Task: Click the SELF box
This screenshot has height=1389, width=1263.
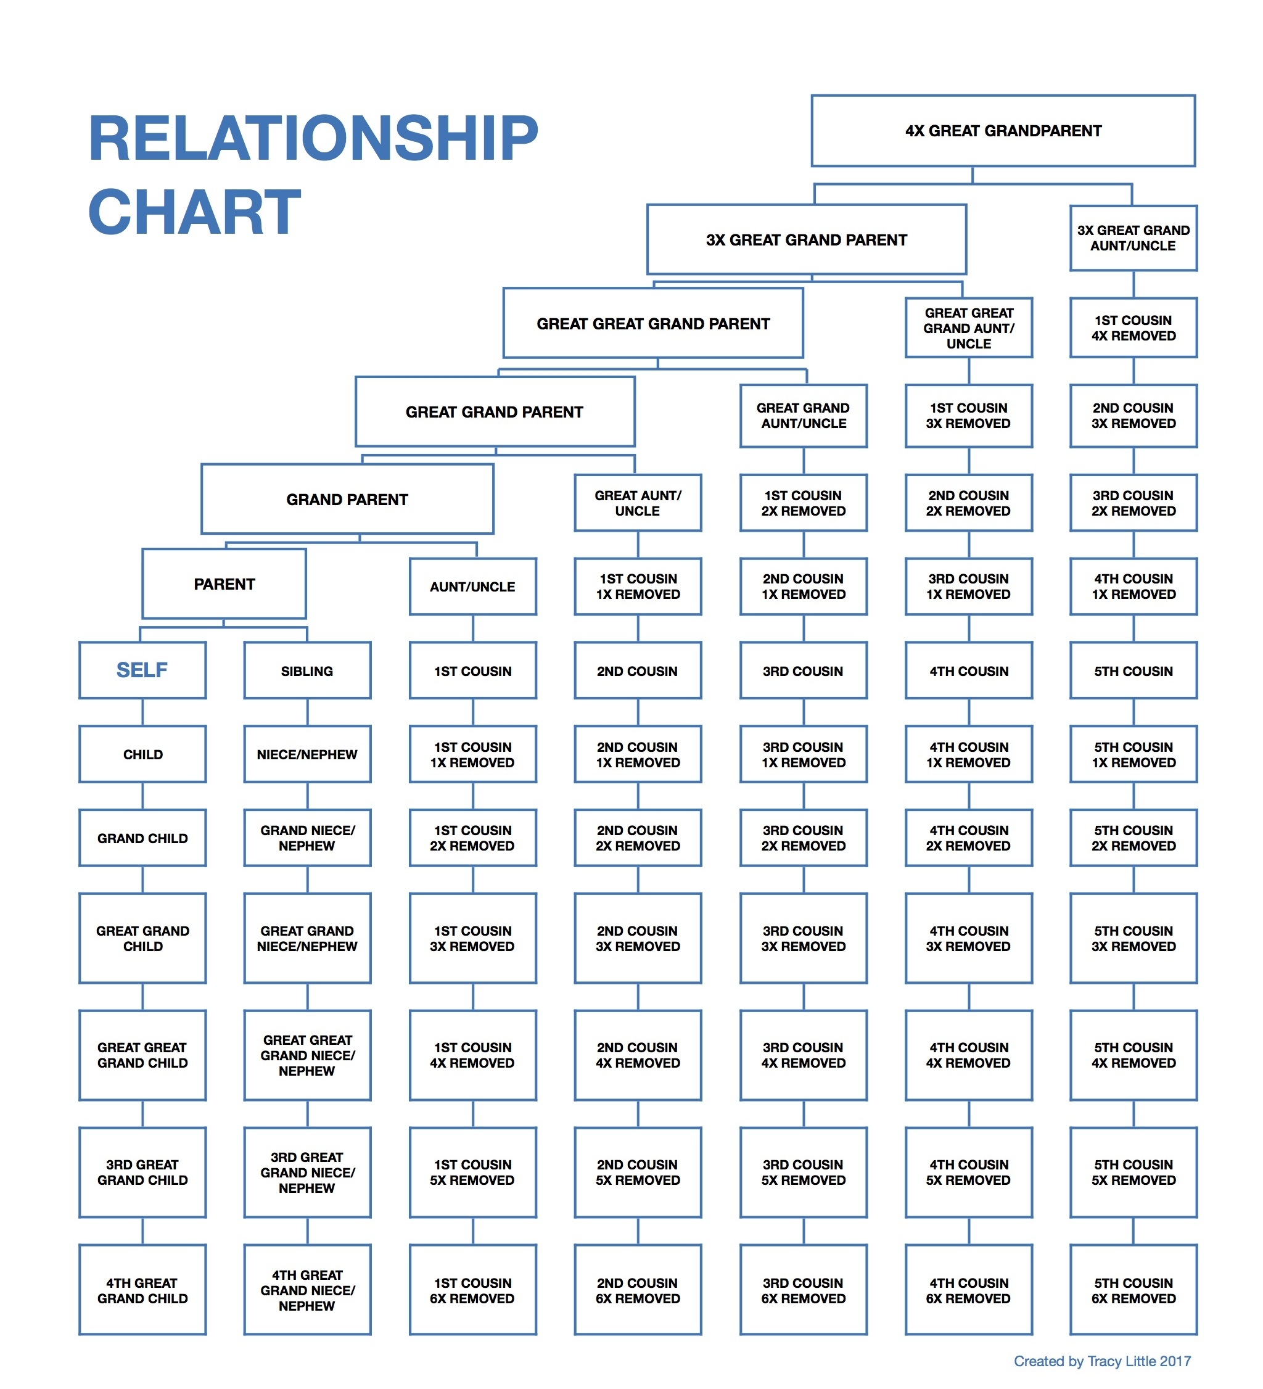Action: pyautogui.click(x=142, y=670)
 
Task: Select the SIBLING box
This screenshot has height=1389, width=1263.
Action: pyautogui.click(x=307, y=670)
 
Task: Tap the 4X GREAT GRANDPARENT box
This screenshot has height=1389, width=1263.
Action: pyautogui.click(x=1003, y=131)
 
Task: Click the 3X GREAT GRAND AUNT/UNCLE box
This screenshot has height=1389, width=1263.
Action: pyautogui.click(x=1133, y=237)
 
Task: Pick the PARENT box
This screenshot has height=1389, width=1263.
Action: pyautogui.click(x=224, y=583)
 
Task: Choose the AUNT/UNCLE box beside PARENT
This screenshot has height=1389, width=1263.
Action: pyautogui.click(x=472, y=587)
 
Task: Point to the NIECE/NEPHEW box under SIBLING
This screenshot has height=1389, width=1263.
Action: pyautogui.click(x=307, y=754)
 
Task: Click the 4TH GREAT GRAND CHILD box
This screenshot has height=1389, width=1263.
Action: pyautogui.click(x=142, y=1290)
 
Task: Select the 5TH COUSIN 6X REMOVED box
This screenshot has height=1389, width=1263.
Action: pyautogui.click(x=1133, y=1290)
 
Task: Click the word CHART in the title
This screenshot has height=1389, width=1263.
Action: pyautogui.click(x=194, y=212)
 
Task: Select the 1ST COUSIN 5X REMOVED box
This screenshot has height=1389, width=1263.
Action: pyautogui.click(x=472, y=1172)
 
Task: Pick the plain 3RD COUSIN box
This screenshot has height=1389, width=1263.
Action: pyautogui.click(x=803, y=670)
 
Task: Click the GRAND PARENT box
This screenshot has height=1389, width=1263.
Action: pyautogui.click(x=347, y=499)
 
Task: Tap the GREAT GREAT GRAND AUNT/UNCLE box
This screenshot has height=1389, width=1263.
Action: pyautogui.click(x=968, y=328)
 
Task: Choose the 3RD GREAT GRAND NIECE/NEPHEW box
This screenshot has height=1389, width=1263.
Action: pyautogui.click(x=307, y=1172)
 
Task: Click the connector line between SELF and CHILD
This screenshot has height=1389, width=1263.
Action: pyautogui.click(x=142, y=712)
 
